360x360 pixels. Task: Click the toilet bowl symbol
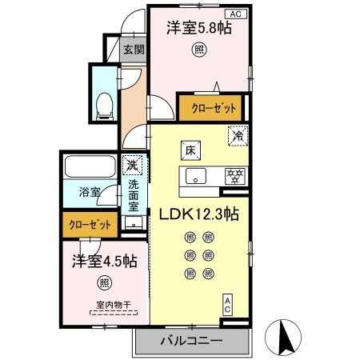coord(103,105)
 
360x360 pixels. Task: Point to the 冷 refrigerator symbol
coord(237,136)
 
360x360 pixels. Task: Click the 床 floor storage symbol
coord(191,149)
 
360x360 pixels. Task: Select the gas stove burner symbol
coord(235,175)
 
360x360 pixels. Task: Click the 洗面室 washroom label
coord(134,195)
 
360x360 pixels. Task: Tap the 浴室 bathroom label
coord(89,193)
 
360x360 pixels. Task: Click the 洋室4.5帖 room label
coord(104,261)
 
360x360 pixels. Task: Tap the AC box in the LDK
coord(227,304)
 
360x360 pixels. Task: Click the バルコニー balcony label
coord(190,340)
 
